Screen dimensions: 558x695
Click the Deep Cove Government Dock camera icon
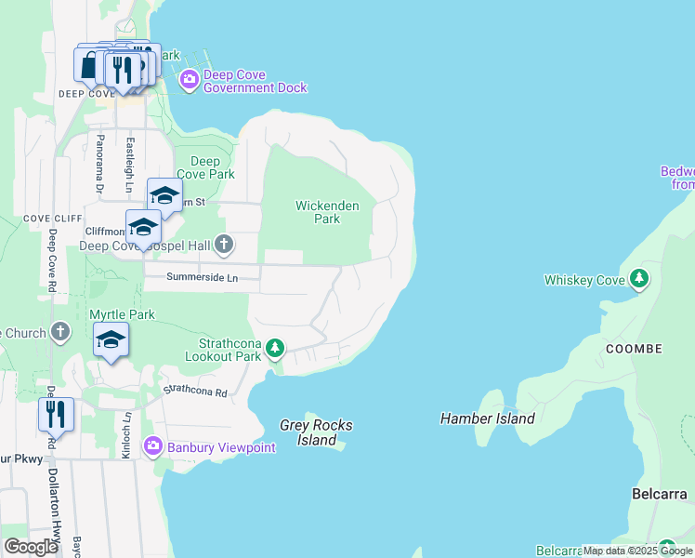[x=190, y=79]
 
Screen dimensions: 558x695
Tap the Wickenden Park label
[x=318, y=212]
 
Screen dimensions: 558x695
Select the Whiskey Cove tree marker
[x=638, y=278]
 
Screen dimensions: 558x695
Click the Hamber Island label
[x=488, y=418]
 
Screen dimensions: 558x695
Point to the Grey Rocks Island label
[x=317, y=432]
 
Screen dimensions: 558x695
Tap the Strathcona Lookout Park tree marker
[x=274, y=349]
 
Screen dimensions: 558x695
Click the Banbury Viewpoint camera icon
[x=153, y=447]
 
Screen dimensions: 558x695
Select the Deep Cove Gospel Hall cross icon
[x=223, y=245]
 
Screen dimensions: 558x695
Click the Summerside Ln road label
[x=202, y=277]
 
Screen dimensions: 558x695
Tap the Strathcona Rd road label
[x=195, y=392]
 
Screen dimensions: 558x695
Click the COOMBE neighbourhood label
[x=634, y=349]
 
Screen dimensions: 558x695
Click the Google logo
[x=31, y=547]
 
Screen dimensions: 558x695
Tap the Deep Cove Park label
[x=205, y=167]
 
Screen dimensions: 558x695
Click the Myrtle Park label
[x=122, y=314]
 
